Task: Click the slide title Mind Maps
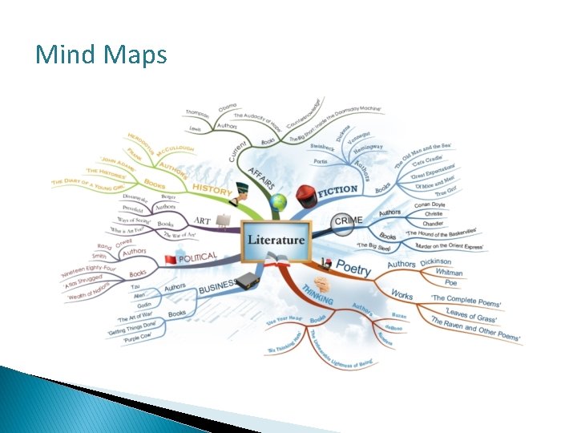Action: (x=101, y=55)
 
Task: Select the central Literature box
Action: (x=276, y=240)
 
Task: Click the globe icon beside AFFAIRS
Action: (x=277, y=202)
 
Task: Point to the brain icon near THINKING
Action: (x=321, y=283)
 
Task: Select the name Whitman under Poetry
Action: (x=448, y=272)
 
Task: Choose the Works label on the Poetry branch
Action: (x=401, y=295)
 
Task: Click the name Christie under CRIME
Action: (x=433, y=213)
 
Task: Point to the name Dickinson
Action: (x=435, y=261)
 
